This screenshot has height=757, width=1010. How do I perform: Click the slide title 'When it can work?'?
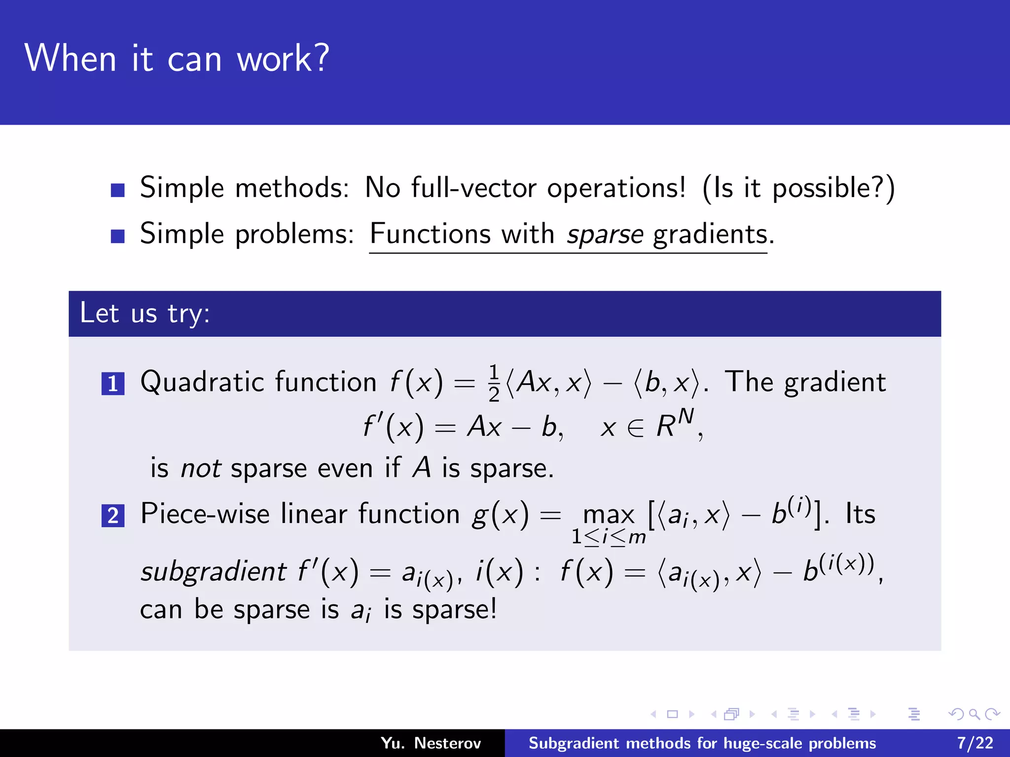tap(177, 58)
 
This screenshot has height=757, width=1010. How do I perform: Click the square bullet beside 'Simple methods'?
tap(117, 190)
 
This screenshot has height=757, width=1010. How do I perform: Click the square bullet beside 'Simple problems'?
tap(117, 236)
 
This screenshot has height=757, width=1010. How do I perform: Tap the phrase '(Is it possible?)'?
tap(798, 188)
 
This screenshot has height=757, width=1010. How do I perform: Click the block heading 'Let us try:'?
tap(145, 313)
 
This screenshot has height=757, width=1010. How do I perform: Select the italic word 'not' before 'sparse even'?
tap(201, 468)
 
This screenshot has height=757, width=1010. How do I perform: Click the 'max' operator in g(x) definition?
tap(609, 515)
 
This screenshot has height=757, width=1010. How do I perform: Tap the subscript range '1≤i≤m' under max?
tap(609, 537)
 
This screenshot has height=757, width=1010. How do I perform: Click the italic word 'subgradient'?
tap(213, 572)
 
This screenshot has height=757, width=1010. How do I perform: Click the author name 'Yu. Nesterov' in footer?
tap(431, 743)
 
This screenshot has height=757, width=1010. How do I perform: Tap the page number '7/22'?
tap(975, 743)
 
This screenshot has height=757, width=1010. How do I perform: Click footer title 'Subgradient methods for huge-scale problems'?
tap(702, 743)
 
